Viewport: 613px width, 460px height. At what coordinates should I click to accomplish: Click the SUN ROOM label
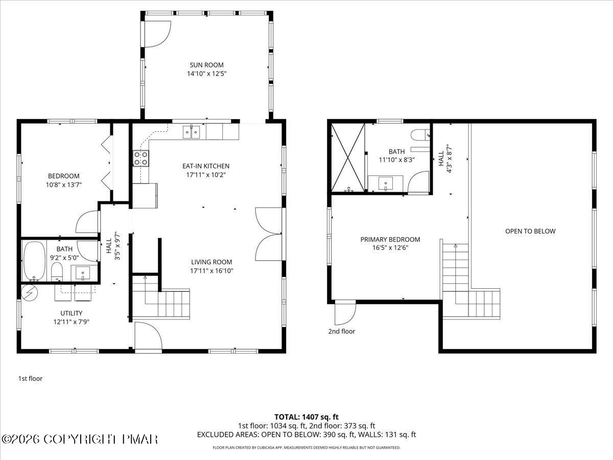click(x=207, y=65)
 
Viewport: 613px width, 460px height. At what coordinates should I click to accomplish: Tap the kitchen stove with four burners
click(x=140, y=158)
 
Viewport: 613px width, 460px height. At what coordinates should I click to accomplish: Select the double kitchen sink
click(x=191, y=132)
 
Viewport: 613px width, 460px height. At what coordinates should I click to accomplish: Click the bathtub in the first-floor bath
click(x=35, y=261)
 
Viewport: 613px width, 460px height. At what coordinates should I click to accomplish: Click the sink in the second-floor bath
click(x=385, y=183)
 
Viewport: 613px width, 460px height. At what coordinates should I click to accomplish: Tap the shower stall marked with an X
click(x=348, y=158)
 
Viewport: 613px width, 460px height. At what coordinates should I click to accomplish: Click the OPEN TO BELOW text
click(x=530, y=231)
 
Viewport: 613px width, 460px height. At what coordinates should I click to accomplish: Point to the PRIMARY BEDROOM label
click(x=390, y=239)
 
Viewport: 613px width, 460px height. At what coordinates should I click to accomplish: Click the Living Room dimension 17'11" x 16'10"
click(x=211, y=271)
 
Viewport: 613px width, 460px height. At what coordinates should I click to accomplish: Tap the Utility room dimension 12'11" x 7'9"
click(x=71, y=322)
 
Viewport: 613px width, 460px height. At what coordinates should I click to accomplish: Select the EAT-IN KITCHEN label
click(x=206, y=166)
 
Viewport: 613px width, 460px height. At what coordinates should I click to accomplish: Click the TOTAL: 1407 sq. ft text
click(x=306, y=417)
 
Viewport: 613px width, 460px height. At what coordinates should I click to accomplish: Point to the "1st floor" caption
click(x=30, y=378)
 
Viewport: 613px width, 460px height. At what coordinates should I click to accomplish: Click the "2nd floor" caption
click(x=342, y=331)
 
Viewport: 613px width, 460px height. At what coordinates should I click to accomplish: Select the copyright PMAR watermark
click(x=80, y=440)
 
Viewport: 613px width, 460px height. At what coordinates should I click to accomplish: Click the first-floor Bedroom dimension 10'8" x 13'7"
click(x=64, y=185)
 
